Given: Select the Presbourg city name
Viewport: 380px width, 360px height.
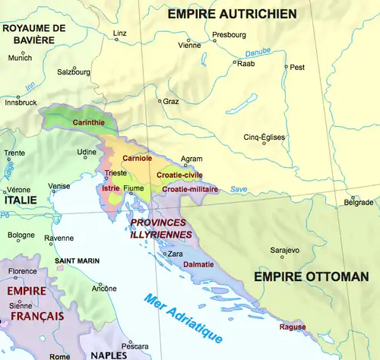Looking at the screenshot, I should [229, 34].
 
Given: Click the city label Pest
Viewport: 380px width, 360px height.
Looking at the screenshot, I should [297, 67].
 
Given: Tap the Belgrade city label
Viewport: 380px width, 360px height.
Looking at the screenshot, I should [359, 202].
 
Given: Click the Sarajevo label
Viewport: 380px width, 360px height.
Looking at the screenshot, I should [285, 250].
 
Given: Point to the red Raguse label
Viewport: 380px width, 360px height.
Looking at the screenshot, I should [293, 327].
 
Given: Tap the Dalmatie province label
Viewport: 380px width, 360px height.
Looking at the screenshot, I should [200, 264].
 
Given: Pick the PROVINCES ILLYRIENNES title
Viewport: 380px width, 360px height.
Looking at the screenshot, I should [160, 229].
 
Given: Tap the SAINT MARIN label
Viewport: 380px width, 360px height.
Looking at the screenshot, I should [78, 261].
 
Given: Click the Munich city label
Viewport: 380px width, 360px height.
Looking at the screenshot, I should [21, 58].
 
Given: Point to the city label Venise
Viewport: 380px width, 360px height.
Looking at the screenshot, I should [59, 186].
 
